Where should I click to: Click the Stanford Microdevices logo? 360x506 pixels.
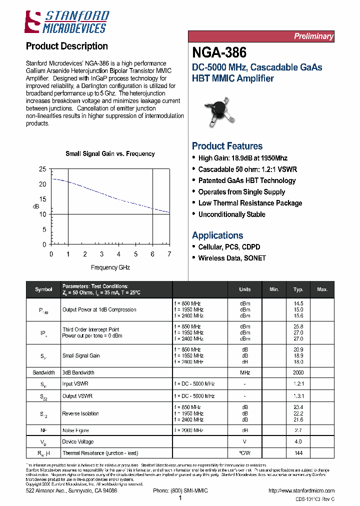(x=66, y=22)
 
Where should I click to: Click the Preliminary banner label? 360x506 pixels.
(x=313, y=36)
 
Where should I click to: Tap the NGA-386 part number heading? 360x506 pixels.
(x=219, y=52)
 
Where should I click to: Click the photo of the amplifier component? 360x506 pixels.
(x=219, y=111)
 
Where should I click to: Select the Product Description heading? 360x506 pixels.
(x=66, y=46)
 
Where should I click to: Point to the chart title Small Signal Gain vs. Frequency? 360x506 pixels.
(x=110, y=154)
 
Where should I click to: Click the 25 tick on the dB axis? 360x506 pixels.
(x=42, y=169)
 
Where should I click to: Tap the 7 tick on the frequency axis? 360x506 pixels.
(x=169, y=254)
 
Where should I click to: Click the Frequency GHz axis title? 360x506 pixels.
(x=110, y=267)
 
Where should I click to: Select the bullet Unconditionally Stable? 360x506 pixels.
(x=231, y=214)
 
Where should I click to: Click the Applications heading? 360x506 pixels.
(x=217, y=235)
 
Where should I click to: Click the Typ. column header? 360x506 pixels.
(x=298, y=289)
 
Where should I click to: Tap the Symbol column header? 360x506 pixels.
(x=43, y=289)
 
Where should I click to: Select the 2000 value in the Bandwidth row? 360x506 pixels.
(x=298, y=372)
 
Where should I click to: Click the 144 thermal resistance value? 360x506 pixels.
(x=298, y=452)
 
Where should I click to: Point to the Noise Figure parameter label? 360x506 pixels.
(x=76, y=429)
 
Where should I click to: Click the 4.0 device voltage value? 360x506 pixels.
(x=298, y=441)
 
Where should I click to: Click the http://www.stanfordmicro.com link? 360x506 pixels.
(x=301, y=491)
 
